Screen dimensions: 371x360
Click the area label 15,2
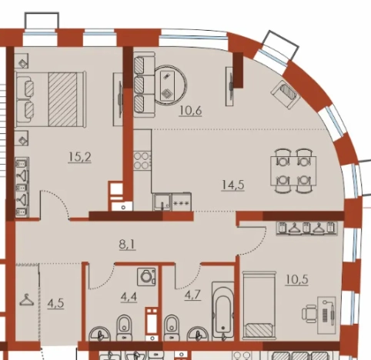(79, 157)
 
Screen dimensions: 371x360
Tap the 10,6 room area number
(190, 111)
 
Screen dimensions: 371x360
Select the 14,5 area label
(232, 185)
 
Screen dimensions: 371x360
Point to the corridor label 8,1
(127, 244)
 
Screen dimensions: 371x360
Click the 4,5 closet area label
(55, 304)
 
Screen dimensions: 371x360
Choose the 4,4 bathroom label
(129, 297)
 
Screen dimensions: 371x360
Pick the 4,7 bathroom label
(192, 295)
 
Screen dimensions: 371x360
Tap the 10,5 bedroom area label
(296, 279)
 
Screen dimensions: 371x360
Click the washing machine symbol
(146, 277)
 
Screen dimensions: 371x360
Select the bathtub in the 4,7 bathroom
(223, 311)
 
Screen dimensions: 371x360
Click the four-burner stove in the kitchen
(142, 161)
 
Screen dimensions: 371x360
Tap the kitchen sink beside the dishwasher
(162, 202)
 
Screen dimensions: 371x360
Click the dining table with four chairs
(293, 171)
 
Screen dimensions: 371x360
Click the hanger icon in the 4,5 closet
(27, 300)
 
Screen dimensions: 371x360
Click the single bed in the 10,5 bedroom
(259, 305)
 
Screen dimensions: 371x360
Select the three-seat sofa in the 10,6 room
(145, 85)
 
